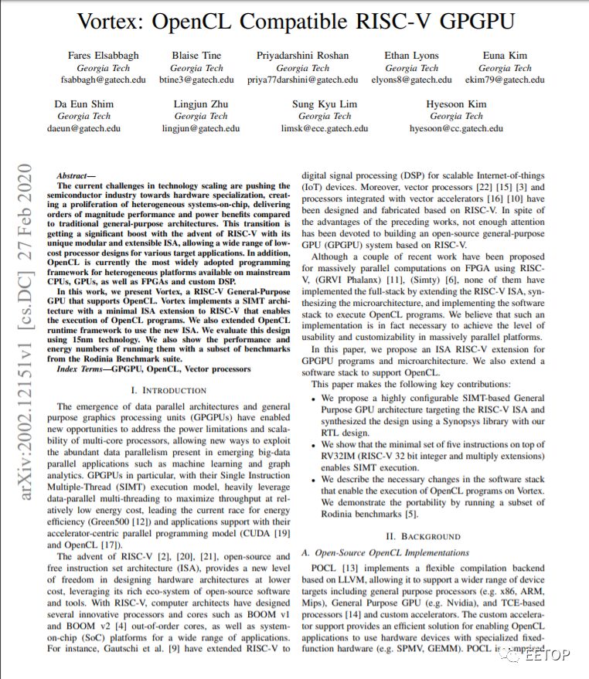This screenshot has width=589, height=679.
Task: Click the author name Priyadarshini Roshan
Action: [302, 55]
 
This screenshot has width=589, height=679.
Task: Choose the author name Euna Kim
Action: [506, 55]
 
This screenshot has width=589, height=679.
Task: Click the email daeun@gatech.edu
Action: [87, 128]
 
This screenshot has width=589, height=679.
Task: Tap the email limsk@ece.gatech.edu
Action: [336, 128]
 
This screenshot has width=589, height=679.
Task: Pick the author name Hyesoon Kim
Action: [456, 104]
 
